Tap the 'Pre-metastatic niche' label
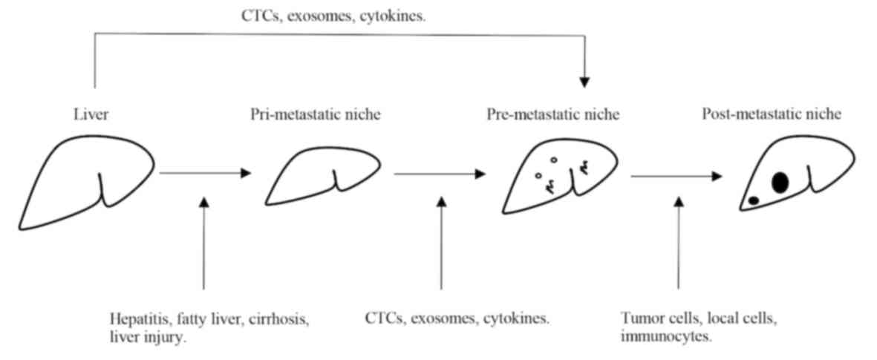553,115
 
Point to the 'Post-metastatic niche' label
772,115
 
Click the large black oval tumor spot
779,182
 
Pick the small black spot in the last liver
753,200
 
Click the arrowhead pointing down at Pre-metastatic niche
585,79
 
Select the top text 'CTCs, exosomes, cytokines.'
333,15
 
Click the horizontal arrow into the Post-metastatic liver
676,177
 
